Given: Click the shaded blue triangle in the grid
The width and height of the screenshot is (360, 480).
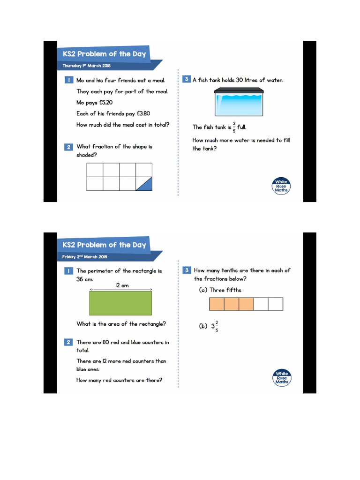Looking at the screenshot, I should click(147, 186).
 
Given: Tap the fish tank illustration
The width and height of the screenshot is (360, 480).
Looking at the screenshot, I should click(239, 102).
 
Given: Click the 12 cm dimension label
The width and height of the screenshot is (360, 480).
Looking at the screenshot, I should click(121, 285).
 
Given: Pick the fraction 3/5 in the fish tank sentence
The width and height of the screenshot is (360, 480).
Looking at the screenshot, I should click(234, 127).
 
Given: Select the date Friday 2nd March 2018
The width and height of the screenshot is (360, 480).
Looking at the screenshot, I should click(85, 257).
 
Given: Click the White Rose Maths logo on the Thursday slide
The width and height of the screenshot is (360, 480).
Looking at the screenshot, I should click(281, 186).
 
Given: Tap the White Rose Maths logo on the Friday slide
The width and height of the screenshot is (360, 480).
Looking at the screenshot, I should click(282, 377).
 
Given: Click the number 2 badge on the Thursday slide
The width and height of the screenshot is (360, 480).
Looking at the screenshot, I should click(68, 147).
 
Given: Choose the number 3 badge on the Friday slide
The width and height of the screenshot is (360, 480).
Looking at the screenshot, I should click(186, 270).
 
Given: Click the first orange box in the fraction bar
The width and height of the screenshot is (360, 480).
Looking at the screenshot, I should click(217, 304).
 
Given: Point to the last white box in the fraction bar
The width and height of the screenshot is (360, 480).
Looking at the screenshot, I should click(276, 304).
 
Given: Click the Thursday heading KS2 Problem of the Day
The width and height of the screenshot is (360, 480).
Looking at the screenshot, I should click(105, 54).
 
